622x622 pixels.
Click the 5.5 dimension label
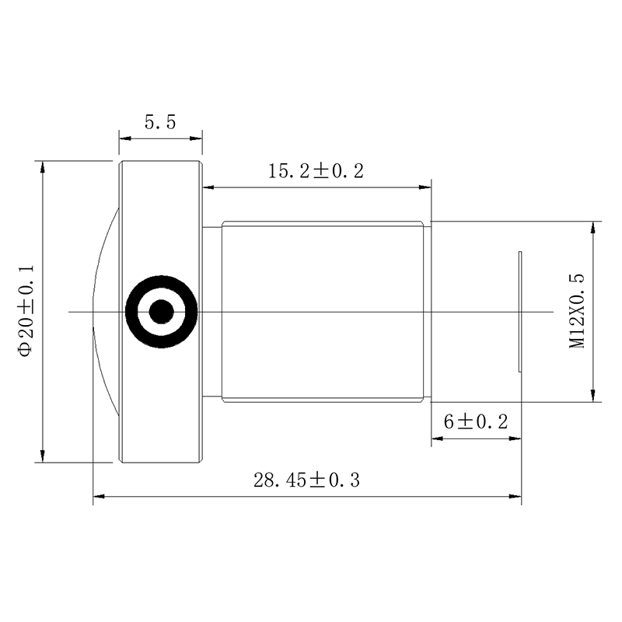click(x=160, y=122)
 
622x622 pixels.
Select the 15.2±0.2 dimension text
click(x=316, y=171)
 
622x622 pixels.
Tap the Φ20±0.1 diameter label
click(x=26, y=311)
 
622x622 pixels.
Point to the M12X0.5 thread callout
click(x=577, y=311)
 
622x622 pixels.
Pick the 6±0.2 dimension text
click(x=476, y=421)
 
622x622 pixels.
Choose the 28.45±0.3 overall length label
click(x=306, y=480)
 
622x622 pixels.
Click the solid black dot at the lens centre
click(x=162, y=312)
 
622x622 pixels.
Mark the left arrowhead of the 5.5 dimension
click(x=125, y=138)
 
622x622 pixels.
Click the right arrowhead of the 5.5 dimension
click(x=196, y=138)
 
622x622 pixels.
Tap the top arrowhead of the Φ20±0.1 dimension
click(x=43, y=167)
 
